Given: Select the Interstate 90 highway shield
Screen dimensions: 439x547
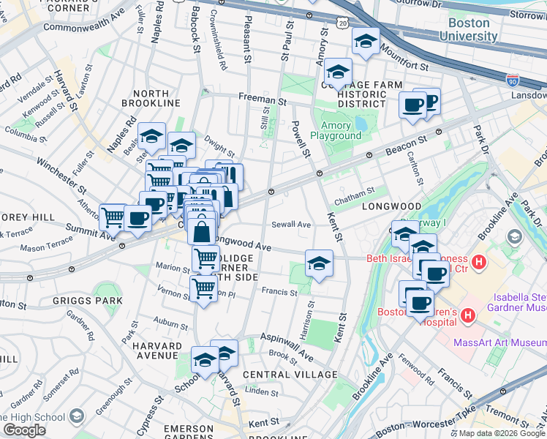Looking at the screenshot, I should pyautogui.click(x=513, y=79).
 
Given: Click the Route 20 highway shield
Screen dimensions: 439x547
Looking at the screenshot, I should pyautogui.click(x=343, y=24).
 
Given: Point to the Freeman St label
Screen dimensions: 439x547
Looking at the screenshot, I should pyautogui.click(x=262, y=99).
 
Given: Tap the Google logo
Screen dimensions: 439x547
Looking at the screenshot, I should pyautogui.click(x=24, y=429).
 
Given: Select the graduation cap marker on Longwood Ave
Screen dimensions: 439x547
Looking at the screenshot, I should pyautogui.click(x=318, y=264).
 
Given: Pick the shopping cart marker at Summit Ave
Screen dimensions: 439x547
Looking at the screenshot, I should pyautogui.click(x=113, y=217).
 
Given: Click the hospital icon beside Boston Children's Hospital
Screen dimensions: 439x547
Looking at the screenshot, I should pyautogui.click(x=468, y=316).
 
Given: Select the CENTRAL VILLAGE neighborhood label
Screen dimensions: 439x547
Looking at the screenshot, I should pyautogui.click(x=290, y=375).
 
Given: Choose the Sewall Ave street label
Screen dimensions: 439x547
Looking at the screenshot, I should pyautogui.click(x=290, y=225).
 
